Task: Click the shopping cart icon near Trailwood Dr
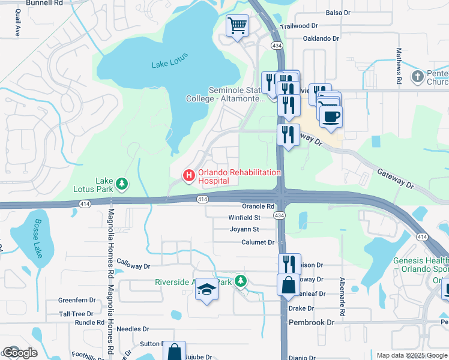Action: click(x=238, y=26)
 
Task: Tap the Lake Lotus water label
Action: click(x=170, y=59)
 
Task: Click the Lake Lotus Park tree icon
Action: click(x=122, y=183)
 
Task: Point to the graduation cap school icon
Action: click(x=206, y=290)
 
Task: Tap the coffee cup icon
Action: click(x=330, y=115)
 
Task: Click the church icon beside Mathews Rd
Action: click(x=417, y=76)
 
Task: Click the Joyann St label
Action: click(x=244, y=229)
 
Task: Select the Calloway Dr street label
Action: click(x=133, y=265)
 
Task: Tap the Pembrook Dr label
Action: click(x=311, y=322)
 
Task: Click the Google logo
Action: click(x=19, y=353)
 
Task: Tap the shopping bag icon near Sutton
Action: click(x=174, y=352)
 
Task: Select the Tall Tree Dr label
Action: click(x=76, y=314)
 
